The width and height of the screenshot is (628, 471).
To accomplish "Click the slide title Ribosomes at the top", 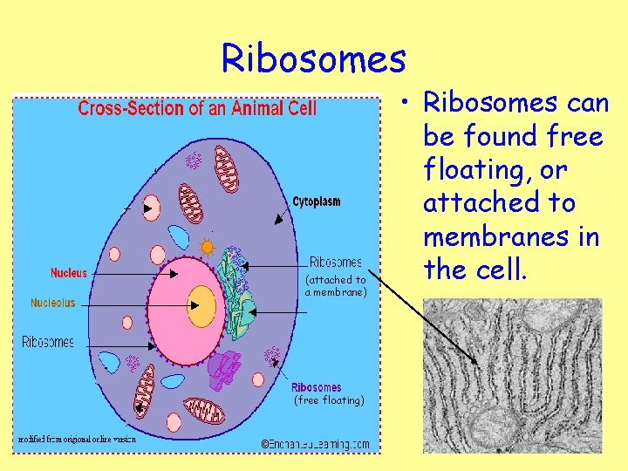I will (314, 58).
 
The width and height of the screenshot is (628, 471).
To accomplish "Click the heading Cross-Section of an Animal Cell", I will (197, 109).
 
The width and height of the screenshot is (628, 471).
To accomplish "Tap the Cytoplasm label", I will (317, 201).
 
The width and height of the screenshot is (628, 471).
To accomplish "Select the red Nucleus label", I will (69, 273).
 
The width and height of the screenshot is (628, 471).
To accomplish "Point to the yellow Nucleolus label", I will (53, 304).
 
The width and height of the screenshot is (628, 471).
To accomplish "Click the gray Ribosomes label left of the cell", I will (48, 342).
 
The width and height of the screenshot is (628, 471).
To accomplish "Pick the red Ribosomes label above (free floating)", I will (317, 387).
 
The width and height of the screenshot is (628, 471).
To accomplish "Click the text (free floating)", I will (329, 400).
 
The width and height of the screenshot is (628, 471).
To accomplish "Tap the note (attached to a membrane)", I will (336, 286).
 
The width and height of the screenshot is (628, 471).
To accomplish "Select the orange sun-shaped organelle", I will (208, 247).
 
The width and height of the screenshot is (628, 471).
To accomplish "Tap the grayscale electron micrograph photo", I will (512, 376).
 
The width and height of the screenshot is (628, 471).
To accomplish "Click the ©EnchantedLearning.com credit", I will (316, 444).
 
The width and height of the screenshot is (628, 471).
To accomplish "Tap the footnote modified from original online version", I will (76, 439).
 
